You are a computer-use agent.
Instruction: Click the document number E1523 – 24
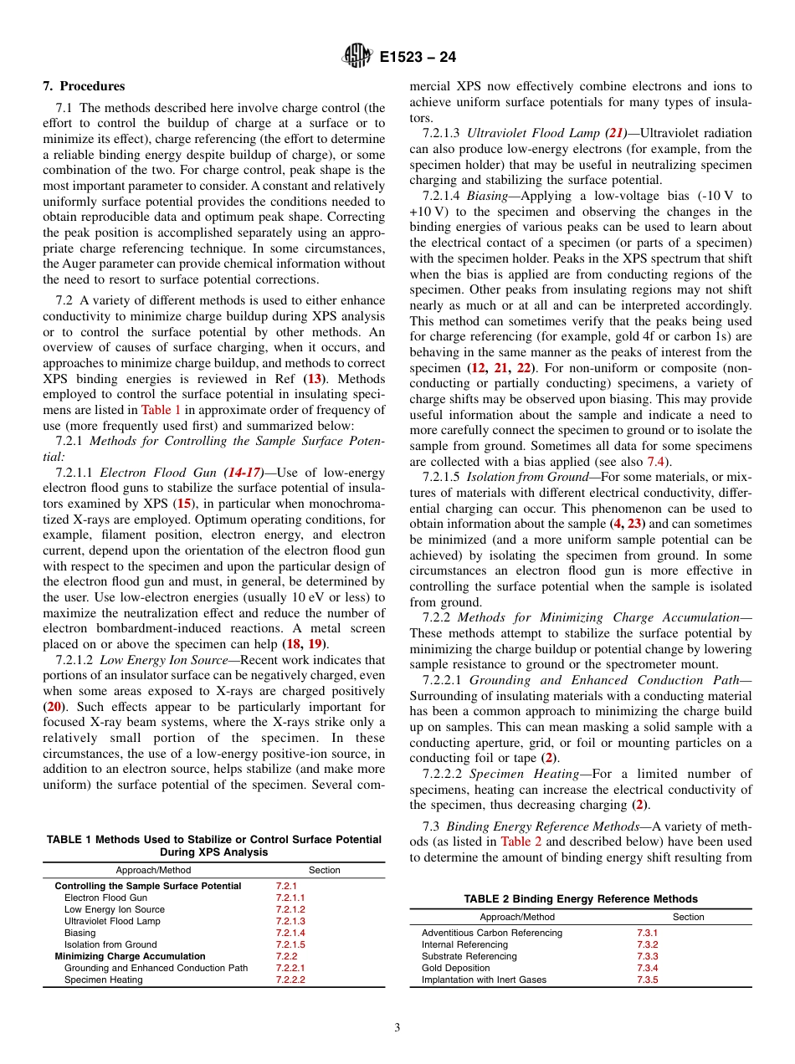418,58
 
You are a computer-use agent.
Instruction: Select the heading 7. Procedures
84,86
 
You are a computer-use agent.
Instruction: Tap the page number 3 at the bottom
397,1028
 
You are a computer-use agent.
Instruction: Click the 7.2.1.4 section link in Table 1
290,933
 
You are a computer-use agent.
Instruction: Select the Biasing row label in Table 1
80,933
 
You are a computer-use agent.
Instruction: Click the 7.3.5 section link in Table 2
647,980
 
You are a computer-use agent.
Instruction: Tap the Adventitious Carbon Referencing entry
492,933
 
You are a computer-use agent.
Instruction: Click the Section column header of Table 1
325,870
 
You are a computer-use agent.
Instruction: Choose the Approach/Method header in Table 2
517,917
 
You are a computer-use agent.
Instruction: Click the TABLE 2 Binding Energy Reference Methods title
581,899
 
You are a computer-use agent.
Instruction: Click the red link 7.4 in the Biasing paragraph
656,462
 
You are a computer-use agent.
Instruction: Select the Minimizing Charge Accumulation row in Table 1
130,956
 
